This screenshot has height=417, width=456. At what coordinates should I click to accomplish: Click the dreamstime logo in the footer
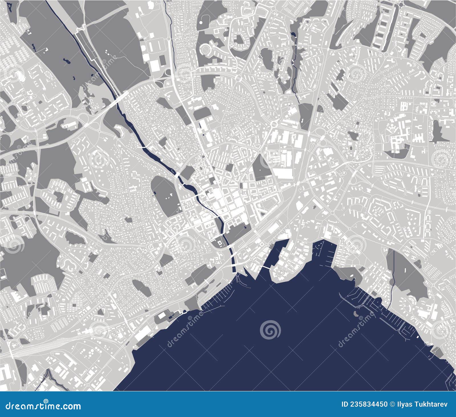43,405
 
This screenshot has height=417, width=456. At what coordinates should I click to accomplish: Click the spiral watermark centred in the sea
270,330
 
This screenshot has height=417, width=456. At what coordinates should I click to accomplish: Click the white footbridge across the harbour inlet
266,268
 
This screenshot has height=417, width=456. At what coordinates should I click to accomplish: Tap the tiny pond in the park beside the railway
66,60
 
